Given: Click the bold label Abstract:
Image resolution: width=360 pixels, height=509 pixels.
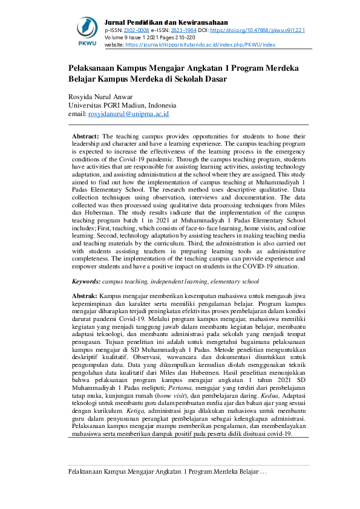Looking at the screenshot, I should click(86, 137).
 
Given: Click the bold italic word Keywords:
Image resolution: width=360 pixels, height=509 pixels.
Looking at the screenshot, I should click(85, 281).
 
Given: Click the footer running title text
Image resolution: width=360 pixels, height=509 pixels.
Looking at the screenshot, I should click(166, 472).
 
